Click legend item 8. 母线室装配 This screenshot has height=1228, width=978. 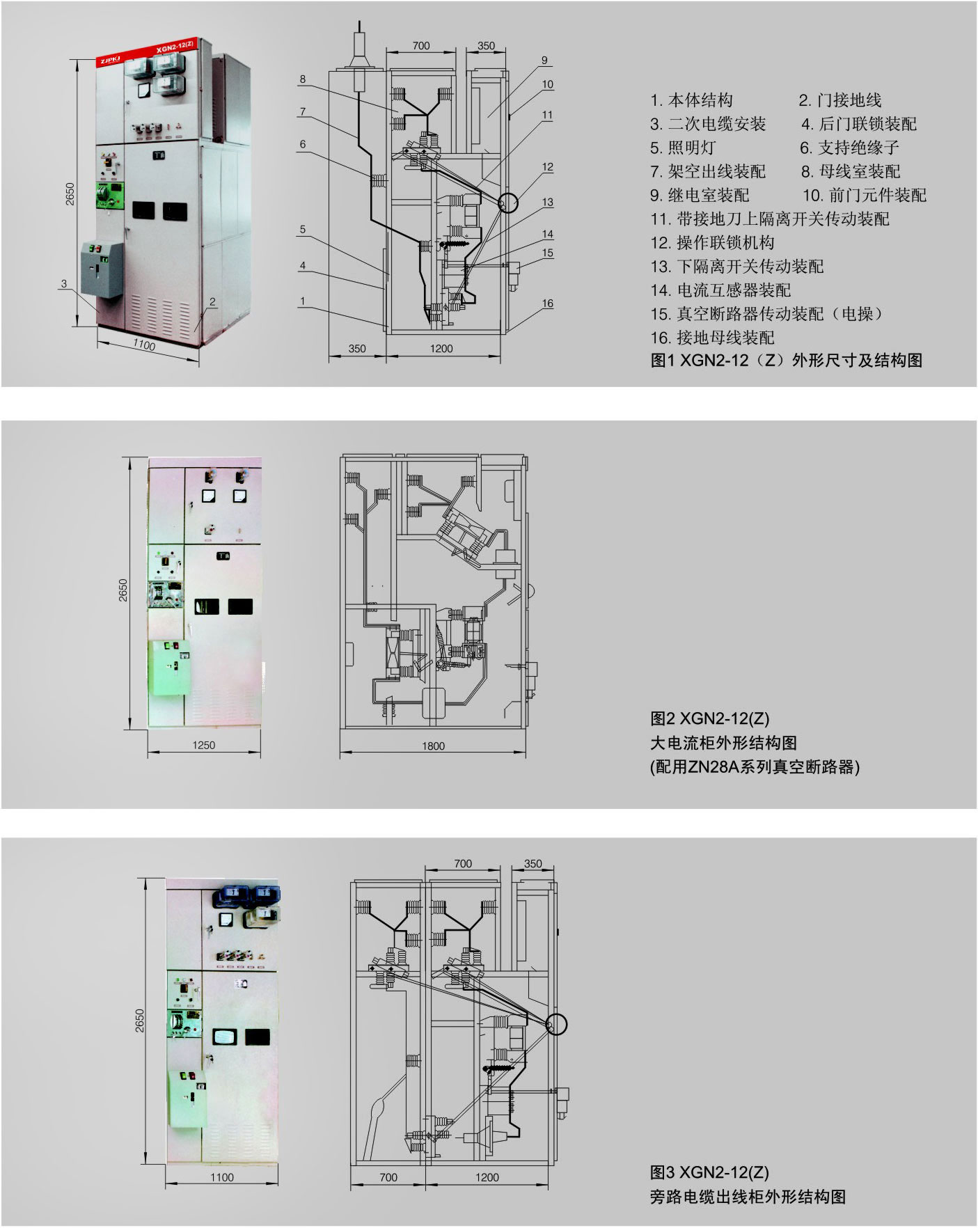click(x=850, y=171)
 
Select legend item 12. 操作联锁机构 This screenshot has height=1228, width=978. click(x=712, y=243)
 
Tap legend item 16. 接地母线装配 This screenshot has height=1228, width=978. click(x=712, y=338)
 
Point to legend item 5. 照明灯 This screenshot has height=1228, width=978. click(x=683, y=148)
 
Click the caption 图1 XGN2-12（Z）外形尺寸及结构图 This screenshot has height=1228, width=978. click(x=786, y=360)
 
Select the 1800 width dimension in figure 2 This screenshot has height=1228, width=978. click(x=433, y=746)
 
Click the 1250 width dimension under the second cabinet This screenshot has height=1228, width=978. click(x=203, y=745)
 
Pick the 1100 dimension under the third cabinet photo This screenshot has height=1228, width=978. click(x=222, y=1177)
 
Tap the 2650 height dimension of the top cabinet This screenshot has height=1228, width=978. click(x=70, y=193)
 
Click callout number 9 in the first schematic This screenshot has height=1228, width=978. click(x=544, y=61)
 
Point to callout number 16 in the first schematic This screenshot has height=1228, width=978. click(x=548, y=303)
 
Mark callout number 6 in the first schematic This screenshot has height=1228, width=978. click(x=303, y=145)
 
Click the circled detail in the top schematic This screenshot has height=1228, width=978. click(x=508, y=203)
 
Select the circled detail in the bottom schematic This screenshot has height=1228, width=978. click(x=556, y=1024)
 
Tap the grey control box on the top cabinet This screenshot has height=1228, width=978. click(x=102, y=269)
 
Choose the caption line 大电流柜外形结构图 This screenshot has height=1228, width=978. click(x=723, y=743)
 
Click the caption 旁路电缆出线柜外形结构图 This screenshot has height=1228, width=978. click(x=748, y=1197)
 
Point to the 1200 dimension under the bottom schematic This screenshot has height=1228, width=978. click(x=487, y=1177)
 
